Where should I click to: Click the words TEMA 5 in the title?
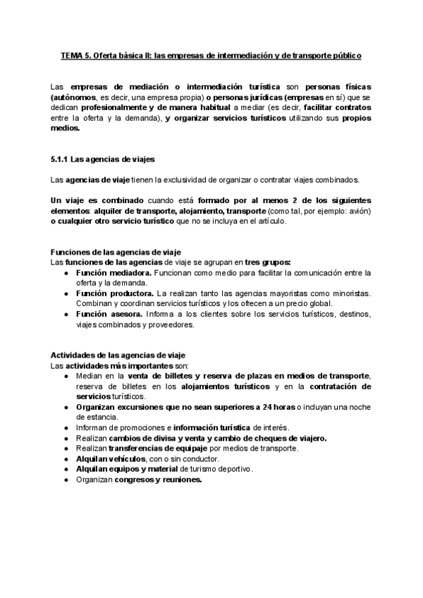tap(72, 54)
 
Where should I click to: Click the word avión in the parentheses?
tap(357, 212)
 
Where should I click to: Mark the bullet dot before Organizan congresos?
tap(66, 480)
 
